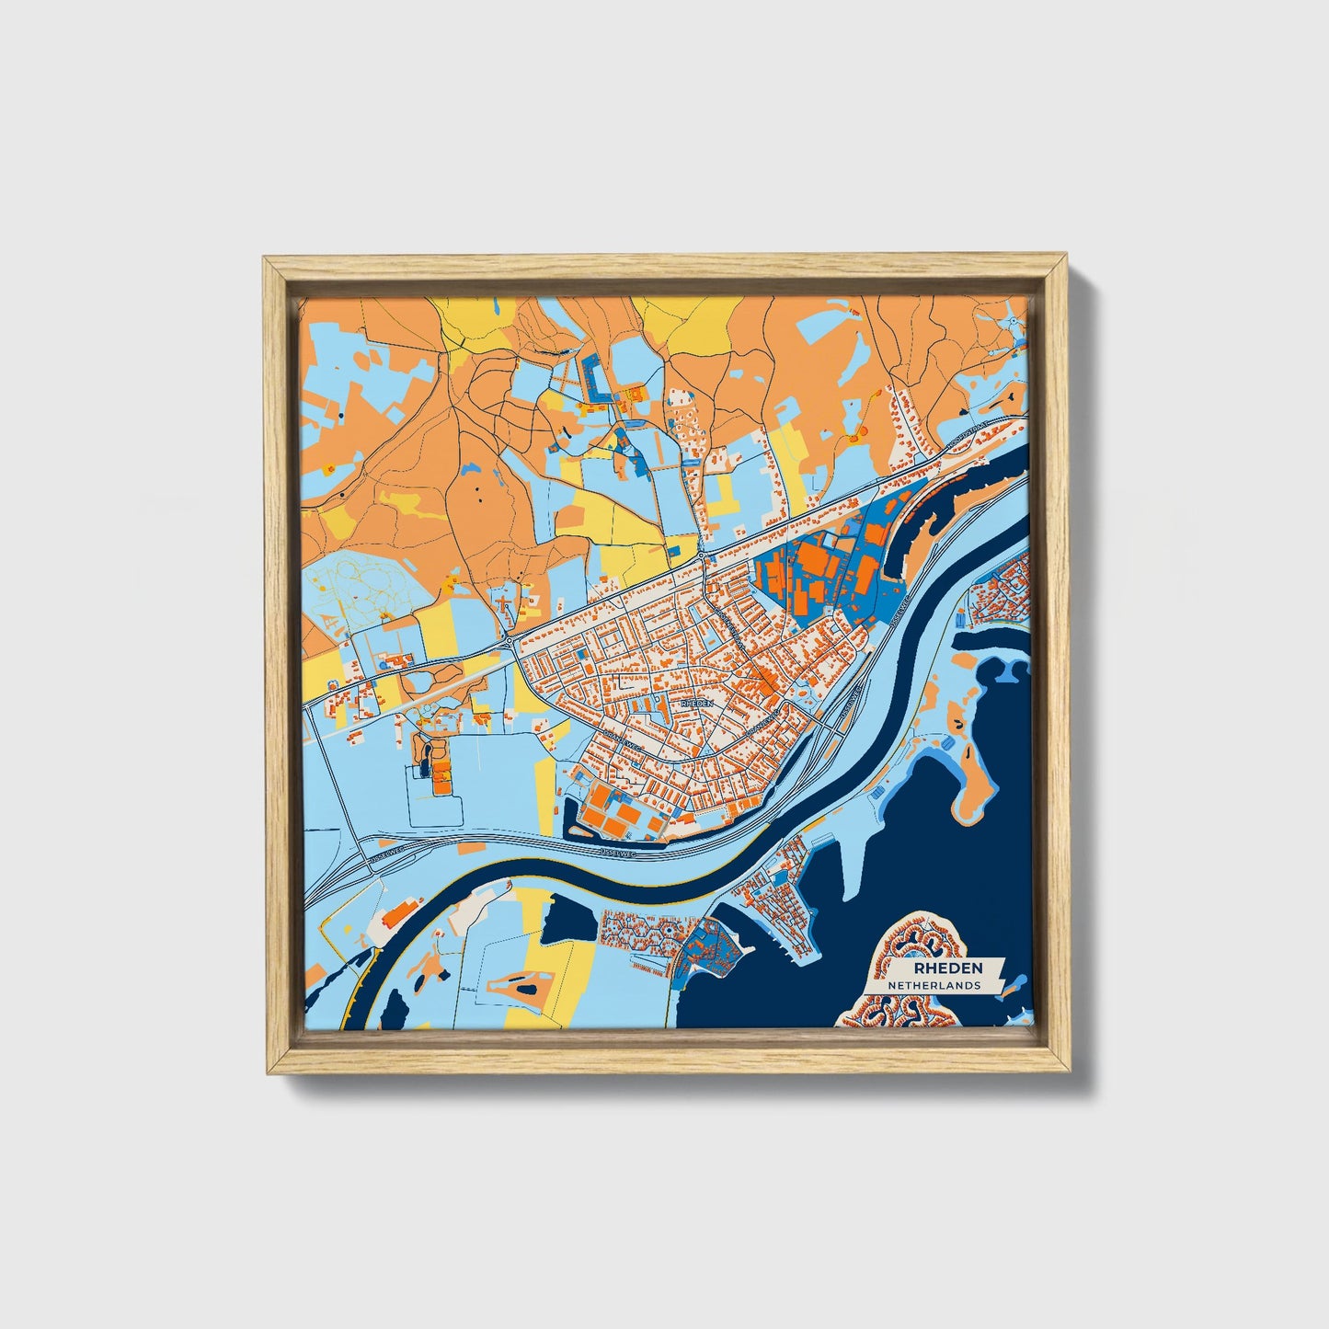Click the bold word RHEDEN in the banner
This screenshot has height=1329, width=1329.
point(947,968)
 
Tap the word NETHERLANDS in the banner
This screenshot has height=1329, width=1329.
point(933,985)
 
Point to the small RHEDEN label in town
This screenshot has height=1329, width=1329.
point(696,703)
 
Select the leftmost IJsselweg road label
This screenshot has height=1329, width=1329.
point(388,852)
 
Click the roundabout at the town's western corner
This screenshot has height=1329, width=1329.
point(509,640)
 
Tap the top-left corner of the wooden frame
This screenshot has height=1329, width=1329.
point(267,261)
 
